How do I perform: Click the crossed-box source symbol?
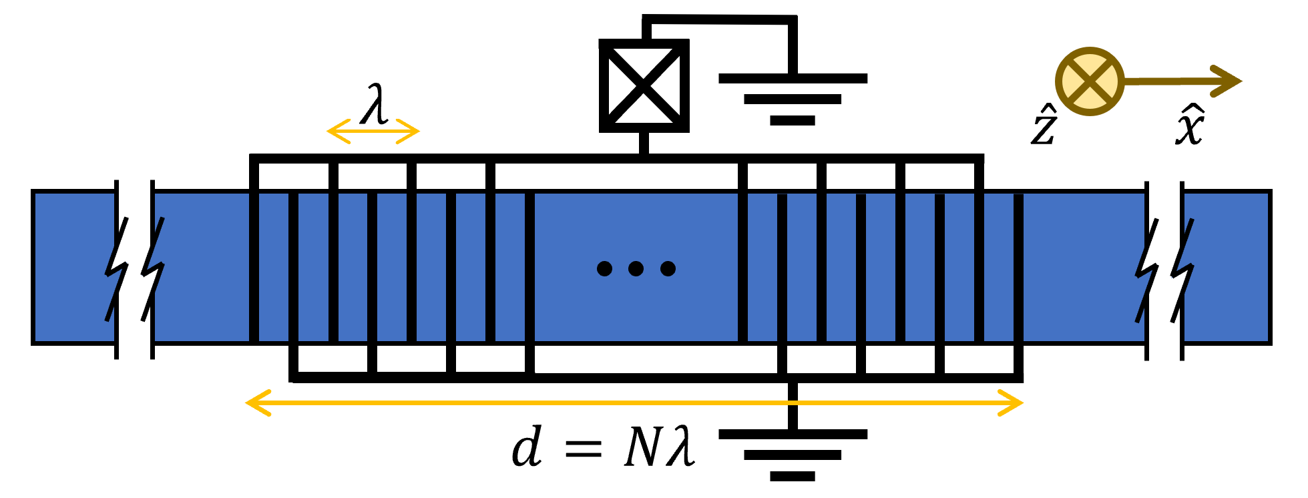point(644,85)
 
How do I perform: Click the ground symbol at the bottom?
point(793,454)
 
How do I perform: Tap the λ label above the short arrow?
point(374,105)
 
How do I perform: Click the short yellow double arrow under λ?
point(373,132)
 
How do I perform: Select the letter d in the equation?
point(527,447)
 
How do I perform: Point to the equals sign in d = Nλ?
point(583,449)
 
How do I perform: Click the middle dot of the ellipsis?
point(636,269)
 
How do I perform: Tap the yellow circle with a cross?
point(1090,81)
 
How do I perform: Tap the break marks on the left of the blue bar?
point(134,269)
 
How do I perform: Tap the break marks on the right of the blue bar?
point(1164,269)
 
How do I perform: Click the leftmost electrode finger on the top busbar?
point(254,250)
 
